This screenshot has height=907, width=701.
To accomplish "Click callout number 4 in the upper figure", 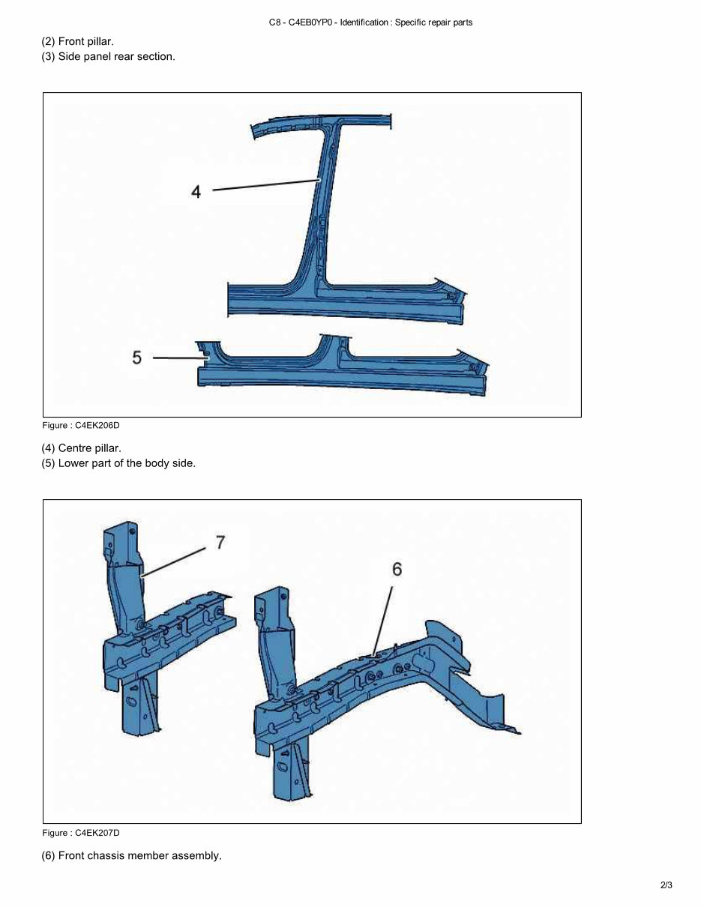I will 196,192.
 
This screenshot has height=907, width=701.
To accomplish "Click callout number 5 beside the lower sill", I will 136,358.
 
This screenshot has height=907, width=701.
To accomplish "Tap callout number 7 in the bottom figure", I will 220,542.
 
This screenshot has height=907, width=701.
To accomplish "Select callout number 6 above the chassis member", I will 397,570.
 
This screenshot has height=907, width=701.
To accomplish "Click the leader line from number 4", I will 266,185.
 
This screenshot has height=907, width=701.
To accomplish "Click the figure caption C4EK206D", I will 81,426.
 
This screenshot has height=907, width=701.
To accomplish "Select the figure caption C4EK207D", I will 81,833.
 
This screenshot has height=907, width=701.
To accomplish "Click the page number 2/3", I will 666,885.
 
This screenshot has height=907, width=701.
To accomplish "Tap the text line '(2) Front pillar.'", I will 77,42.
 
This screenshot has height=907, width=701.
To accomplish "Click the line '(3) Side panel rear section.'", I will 108,57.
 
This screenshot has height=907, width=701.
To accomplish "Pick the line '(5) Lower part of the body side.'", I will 118,463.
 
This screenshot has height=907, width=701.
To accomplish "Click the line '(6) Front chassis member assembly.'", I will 131,855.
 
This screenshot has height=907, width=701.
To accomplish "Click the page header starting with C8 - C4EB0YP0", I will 370,22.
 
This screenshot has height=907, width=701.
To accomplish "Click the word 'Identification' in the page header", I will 364,22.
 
